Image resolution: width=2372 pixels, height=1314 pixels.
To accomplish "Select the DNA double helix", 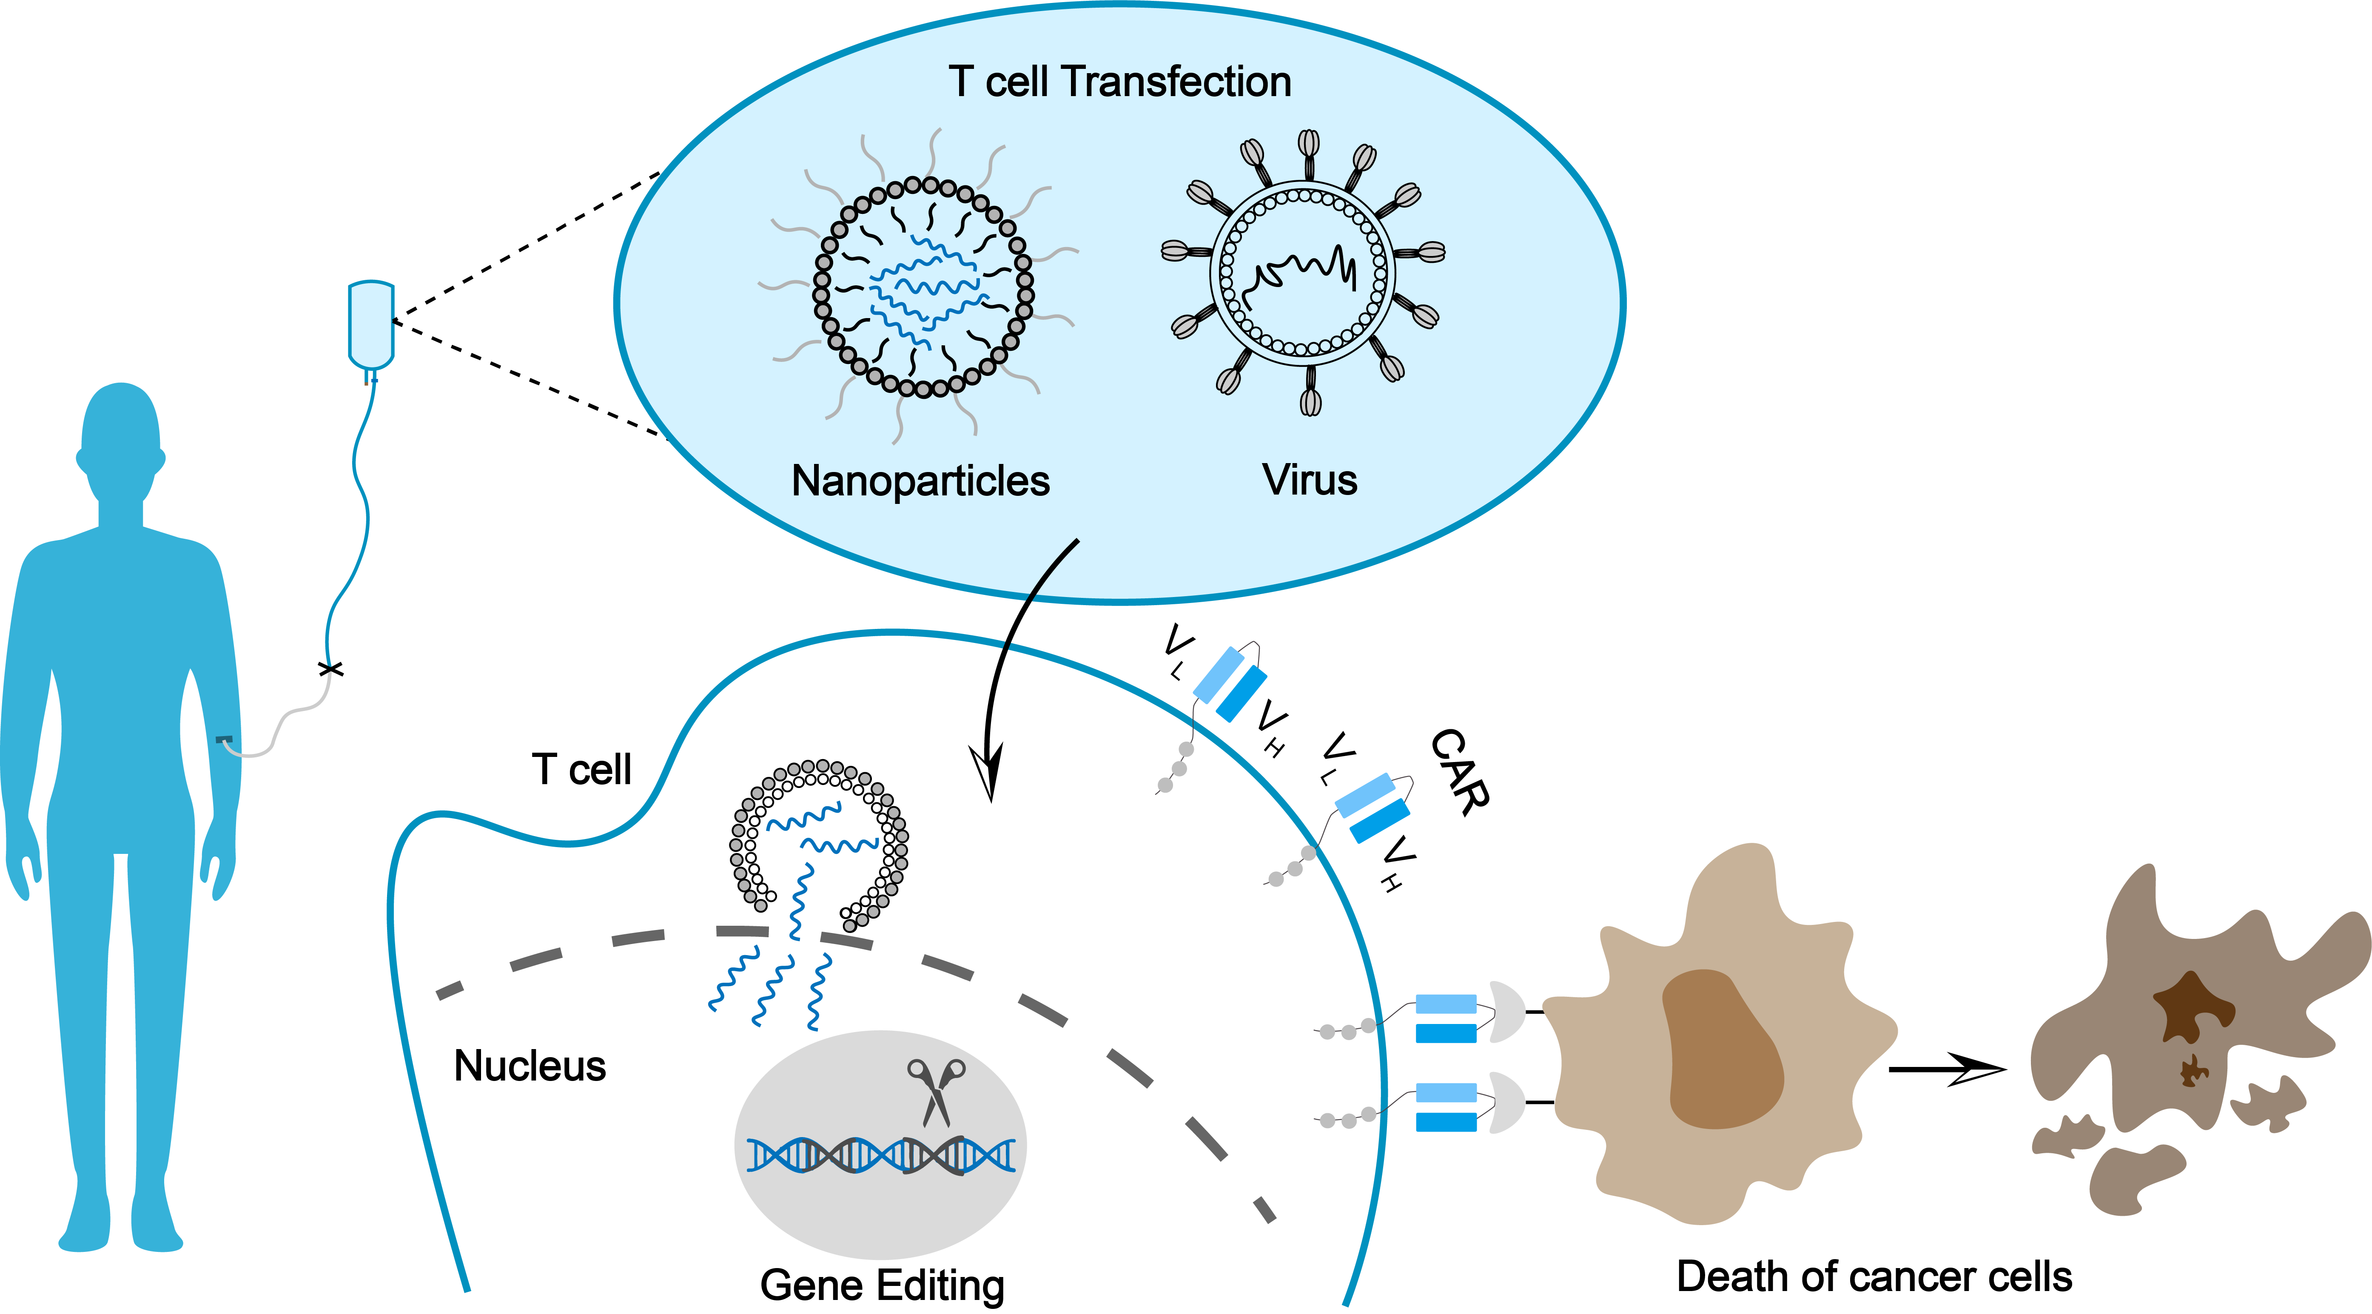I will [x=881, y=1155].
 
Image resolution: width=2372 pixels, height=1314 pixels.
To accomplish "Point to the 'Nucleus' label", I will [x=530, y=1067].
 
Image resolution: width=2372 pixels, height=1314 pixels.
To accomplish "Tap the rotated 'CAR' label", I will [x=1460, y=772].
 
